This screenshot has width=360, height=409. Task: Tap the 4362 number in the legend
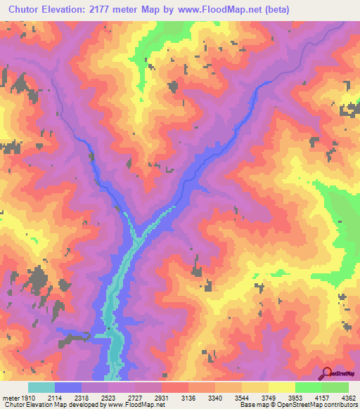347,398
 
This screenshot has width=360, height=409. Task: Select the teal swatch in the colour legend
41,388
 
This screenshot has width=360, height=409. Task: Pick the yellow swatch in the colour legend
282,388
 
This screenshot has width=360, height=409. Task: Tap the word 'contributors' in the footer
340,405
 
